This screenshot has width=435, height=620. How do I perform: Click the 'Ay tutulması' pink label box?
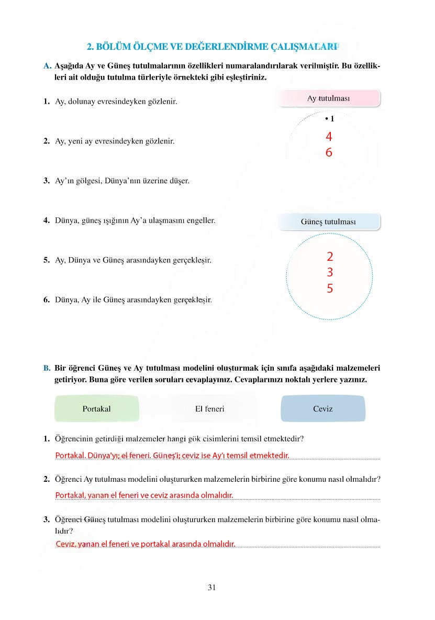[x=328, y=98]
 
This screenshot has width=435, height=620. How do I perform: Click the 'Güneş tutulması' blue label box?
[x=328, y=222]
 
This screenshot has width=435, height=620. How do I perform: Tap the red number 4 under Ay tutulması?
[x=329, y=137]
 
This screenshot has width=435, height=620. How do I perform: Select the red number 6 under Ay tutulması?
[x=329, y=153]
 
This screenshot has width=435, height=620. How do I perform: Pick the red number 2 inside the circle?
[x=330, y=257]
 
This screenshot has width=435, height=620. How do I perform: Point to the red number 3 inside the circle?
[x=330, y=272]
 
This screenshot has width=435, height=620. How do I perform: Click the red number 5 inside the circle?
[x=330, y=289]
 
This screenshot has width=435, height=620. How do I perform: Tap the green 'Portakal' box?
[x=97, y=409]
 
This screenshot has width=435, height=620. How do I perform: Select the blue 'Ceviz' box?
[x=323, y=409]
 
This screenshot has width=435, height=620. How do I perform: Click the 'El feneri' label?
[x=209, y=409]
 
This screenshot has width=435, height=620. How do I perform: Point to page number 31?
[x=211, y=588]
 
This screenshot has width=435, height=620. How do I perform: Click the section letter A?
[x=47, y=67]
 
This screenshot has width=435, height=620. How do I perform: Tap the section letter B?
[x=47, y=369]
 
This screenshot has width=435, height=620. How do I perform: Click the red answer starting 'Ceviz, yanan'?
[x=146, y=544]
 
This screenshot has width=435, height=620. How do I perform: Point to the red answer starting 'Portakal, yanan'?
[x=144, y=495]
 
